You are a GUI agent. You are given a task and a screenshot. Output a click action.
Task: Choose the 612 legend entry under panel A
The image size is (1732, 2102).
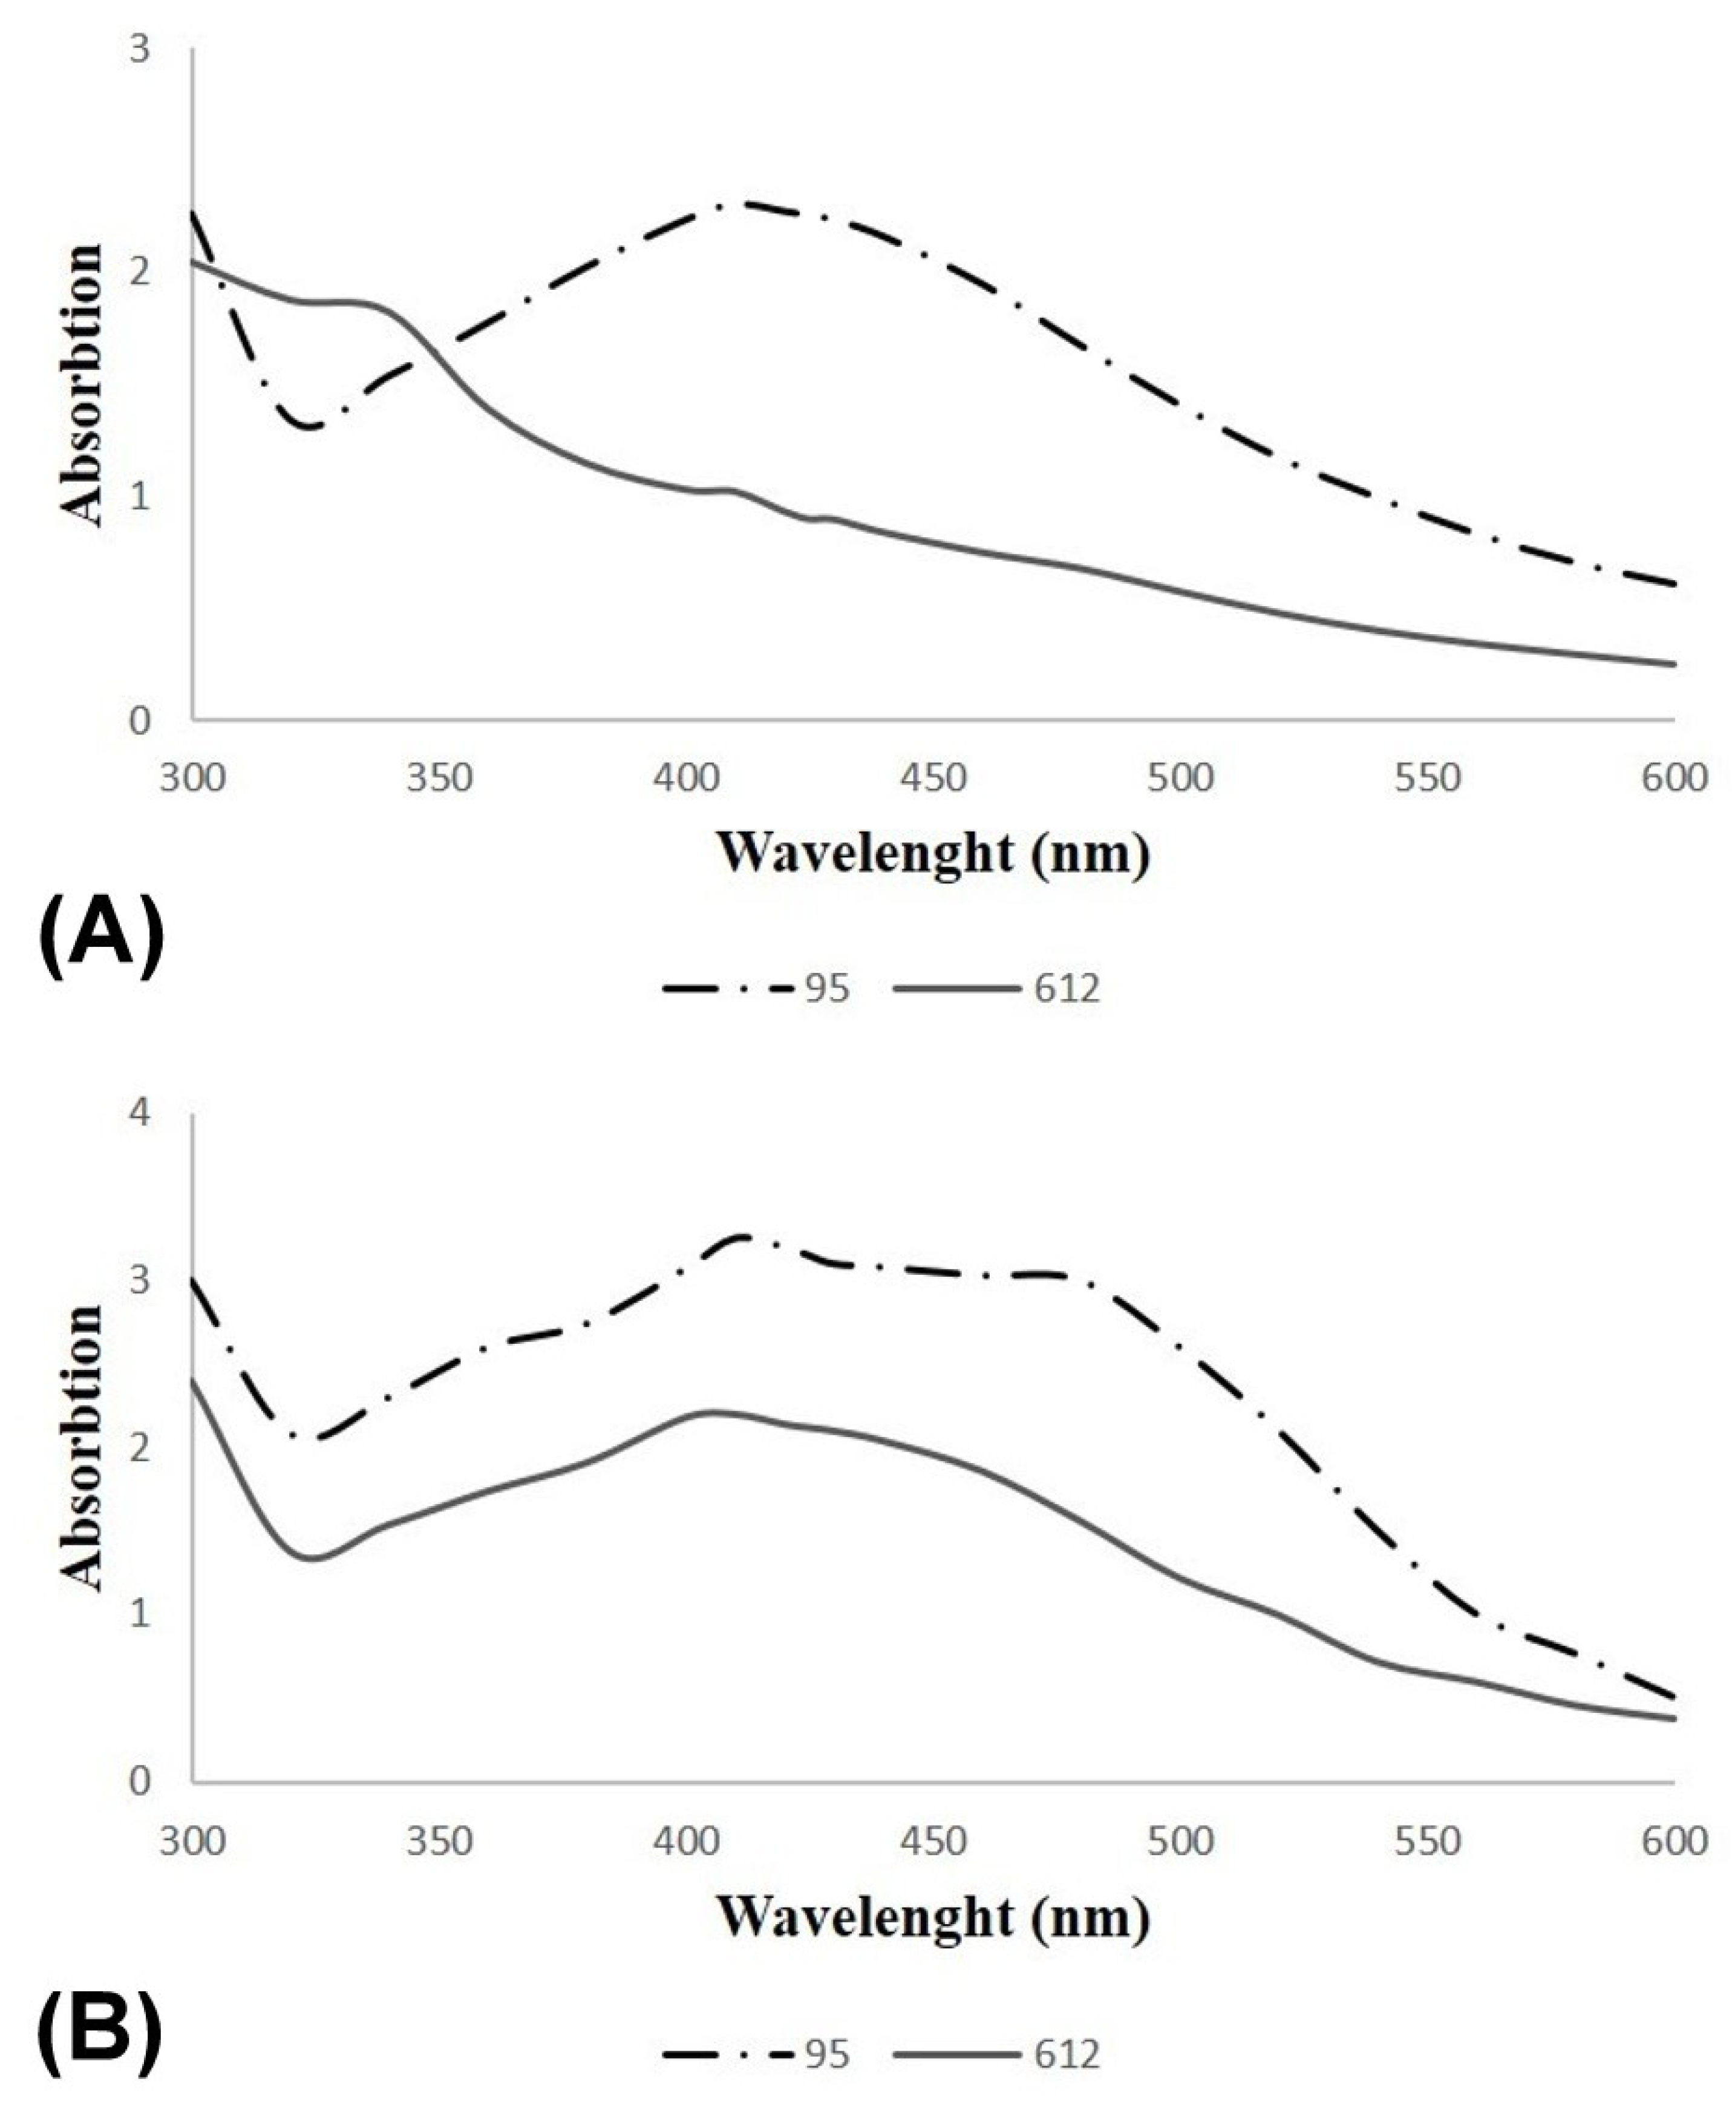[x=998, y=989]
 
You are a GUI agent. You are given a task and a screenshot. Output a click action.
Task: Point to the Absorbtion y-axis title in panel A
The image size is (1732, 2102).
[x=82, y=384]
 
